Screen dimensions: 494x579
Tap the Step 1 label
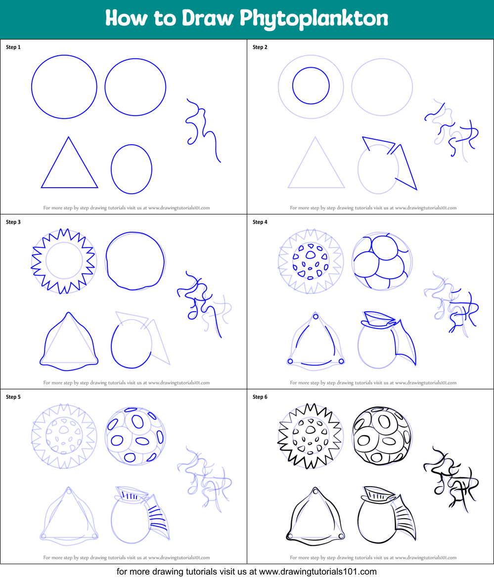[13, 47]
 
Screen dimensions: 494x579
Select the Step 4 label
[260, 222]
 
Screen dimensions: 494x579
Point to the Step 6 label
[260, 397]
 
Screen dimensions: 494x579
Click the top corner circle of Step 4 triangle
[315, 317]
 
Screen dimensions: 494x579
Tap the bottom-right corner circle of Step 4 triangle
[341, 361]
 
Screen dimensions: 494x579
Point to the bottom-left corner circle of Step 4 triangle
[290, 362]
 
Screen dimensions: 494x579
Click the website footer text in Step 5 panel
[127, 558]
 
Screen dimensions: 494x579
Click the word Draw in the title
[207, 18]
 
